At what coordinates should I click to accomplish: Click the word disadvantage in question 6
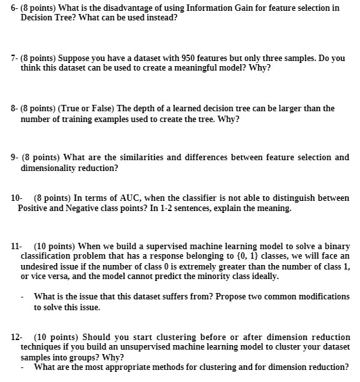[x=131, y=8]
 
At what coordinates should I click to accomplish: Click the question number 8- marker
[x=15, y=109]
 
